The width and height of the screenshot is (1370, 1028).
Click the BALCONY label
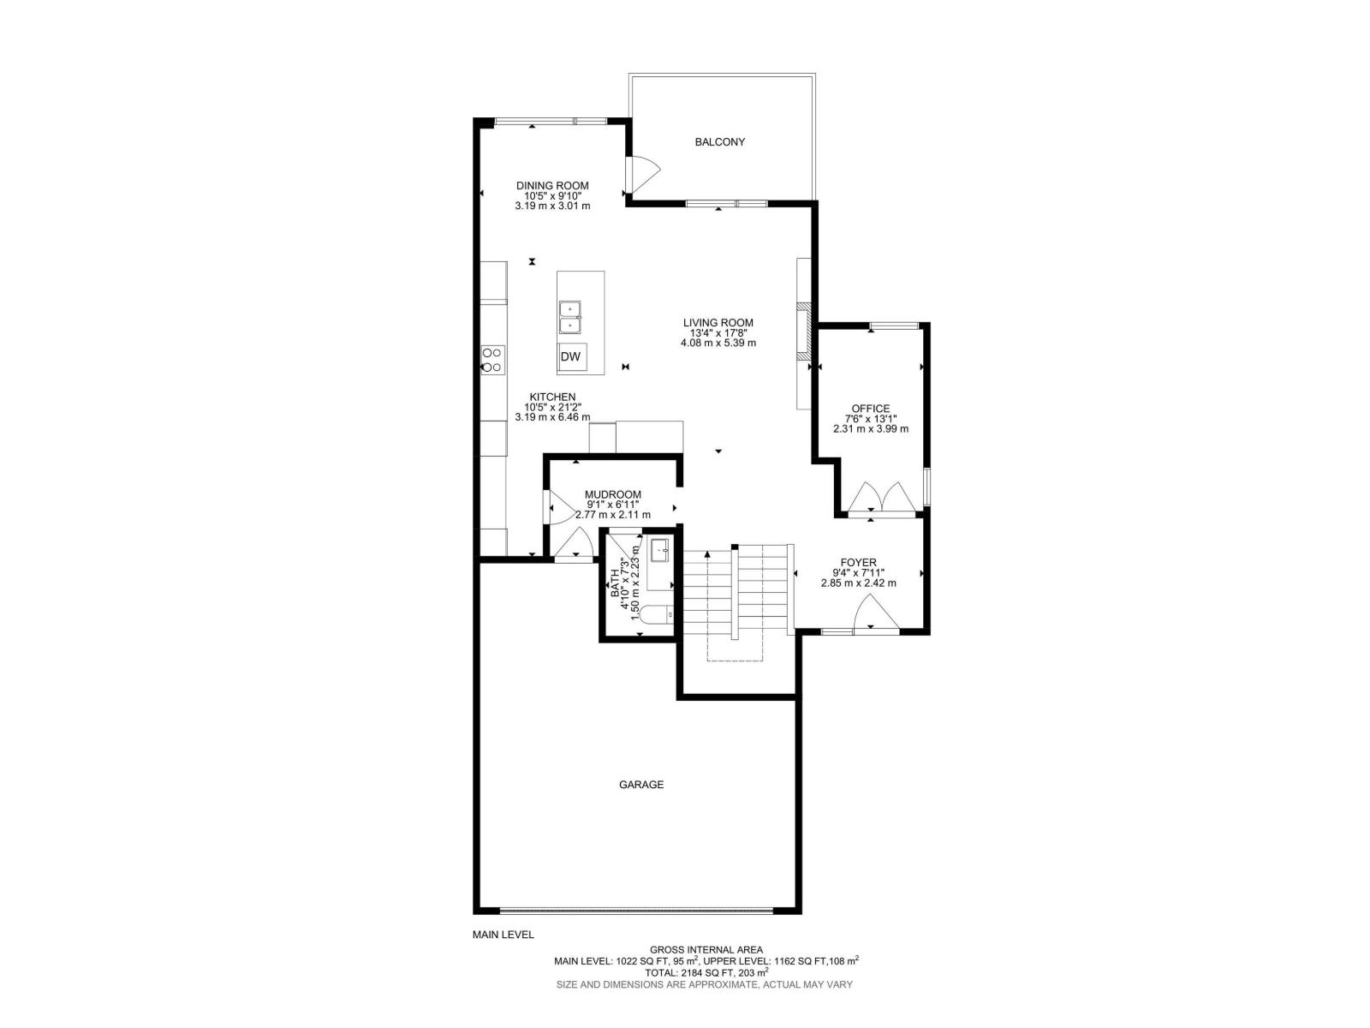719,142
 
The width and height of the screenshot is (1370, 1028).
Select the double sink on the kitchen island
570,317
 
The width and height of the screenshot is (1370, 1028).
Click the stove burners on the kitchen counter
492,359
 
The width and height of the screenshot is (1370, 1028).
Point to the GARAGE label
641,785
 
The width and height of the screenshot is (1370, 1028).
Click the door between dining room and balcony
642,173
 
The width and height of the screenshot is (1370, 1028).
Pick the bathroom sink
660,550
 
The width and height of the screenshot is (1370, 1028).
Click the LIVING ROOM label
718,323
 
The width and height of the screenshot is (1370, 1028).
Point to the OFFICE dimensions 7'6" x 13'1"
870,419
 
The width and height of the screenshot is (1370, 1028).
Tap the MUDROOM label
612,494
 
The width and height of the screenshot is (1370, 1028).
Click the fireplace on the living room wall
803,331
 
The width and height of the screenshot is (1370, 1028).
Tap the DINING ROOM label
552,185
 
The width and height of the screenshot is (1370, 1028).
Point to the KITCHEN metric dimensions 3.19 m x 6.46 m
552,417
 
